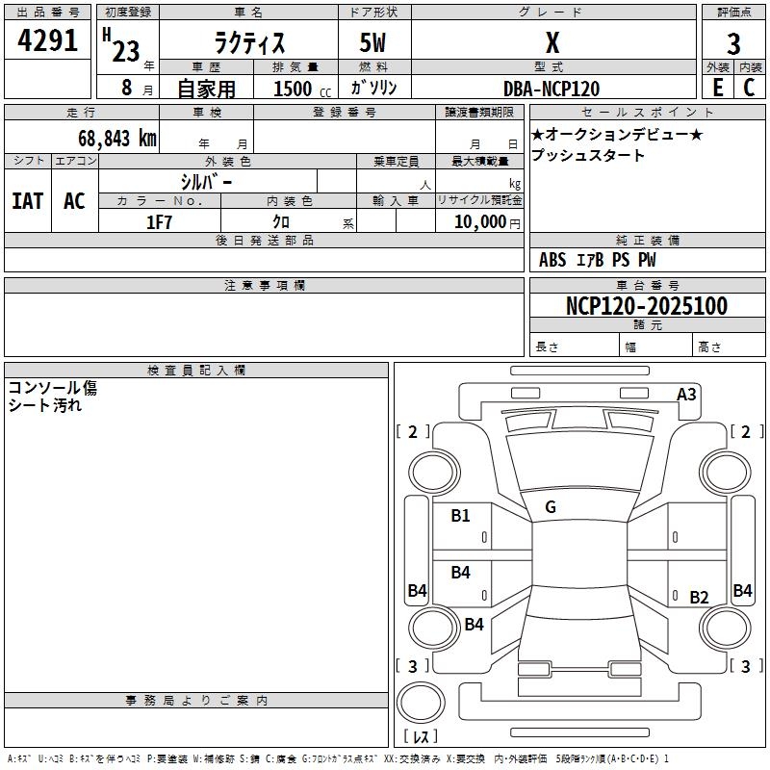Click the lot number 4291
click(x=47, y=40)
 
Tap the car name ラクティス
click(x=249, y=42)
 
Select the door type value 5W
click(x=372, y=42)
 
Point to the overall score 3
click(x=733, y=43)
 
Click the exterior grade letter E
click(x=718, y=88)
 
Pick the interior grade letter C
click(x=749, y=88)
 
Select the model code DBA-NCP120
click(x=552, y=89)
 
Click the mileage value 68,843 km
click(x=117, y=138)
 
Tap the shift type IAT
click(x=28, y=201)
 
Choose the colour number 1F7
click(x=159, y=222)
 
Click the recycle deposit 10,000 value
click(x=479, y=222)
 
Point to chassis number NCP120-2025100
click(x=647, y=306)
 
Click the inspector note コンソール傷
click(x=53, y=388)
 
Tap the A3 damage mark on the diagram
click(x=686, y=395)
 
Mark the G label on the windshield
click(x=551, y=507)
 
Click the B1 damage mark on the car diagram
click(x=461, y=516)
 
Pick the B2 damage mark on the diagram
click(x=699, y=598)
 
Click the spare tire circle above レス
click(x=421, y=703)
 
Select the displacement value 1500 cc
click(x=302, y=89)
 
